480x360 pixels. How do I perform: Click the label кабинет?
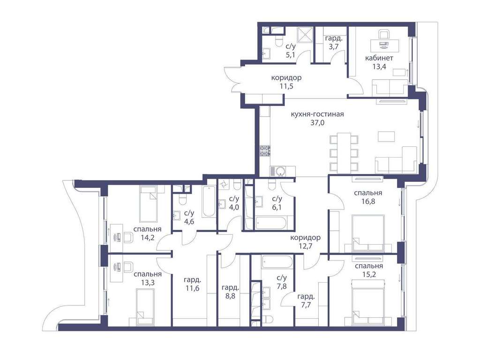(379, 58)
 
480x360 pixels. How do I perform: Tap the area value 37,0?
(317, 123)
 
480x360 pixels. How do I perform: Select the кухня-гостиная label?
(317, 114)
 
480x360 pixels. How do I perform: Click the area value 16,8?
(368, 202)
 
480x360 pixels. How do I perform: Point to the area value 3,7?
(334, 47)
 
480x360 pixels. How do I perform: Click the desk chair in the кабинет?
(384, 35)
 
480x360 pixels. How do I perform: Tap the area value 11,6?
(192, 288)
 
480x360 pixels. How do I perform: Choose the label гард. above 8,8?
(230, 287)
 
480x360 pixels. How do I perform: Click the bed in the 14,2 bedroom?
(148, 204)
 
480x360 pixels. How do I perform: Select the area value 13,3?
(148, 283)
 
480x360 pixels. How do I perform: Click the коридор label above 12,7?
(306, 238)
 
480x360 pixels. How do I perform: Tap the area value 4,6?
(189, 221)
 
